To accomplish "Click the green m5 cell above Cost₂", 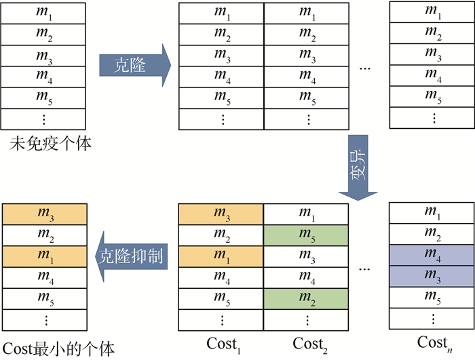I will [307, 235].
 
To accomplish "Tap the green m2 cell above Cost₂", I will [307, 298].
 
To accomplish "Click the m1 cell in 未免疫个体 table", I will [43, 14].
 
